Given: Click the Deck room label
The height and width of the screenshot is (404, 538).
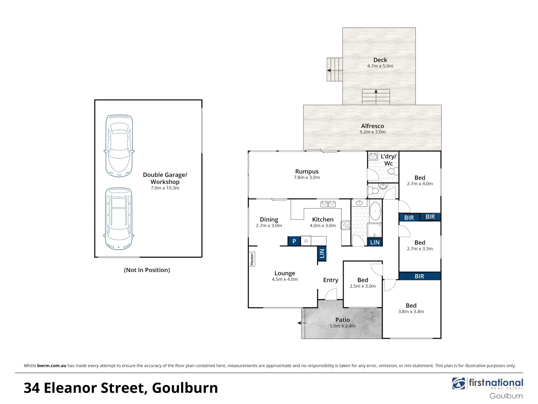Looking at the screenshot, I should coord(380,60).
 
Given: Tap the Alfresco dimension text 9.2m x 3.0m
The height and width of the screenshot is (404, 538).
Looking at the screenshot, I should coord(372,132).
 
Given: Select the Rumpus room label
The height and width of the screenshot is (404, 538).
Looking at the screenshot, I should coord(307,171).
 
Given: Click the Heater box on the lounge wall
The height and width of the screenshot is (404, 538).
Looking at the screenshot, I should coord(252,259).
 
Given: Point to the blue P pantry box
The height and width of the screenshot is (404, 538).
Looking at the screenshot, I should coord(294,241).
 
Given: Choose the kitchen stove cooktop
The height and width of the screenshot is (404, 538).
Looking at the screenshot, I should coord(346,225).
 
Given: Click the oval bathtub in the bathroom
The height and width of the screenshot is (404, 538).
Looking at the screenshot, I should coord(375,211).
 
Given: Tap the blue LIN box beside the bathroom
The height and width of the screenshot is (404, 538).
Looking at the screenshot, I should coord(375,242).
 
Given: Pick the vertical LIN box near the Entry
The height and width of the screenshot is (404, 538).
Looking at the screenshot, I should coord(322,254).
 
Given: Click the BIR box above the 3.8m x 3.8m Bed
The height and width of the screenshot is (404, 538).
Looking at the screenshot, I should coord(420,276).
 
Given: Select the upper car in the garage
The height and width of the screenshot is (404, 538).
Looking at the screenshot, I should coord(119,146).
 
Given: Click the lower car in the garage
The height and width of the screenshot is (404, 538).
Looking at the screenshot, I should coord(119,218).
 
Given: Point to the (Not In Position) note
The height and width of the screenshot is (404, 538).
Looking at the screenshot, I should coord(147,270).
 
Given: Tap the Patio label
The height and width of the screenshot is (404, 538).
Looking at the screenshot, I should coord(343,320).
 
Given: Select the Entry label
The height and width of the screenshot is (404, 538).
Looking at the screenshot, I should coord(331,280).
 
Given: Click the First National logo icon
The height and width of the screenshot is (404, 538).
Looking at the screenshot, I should coord(459,383).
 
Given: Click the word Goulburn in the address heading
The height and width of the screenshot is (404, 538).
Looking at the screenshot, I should coord(185,388).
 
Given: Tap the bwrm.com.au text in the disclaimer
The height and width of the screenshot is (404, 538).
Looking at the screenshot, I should coord(52,366).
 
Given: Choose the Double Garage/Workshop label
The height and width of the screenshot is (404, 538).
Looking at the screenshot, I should coord(165,178).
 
